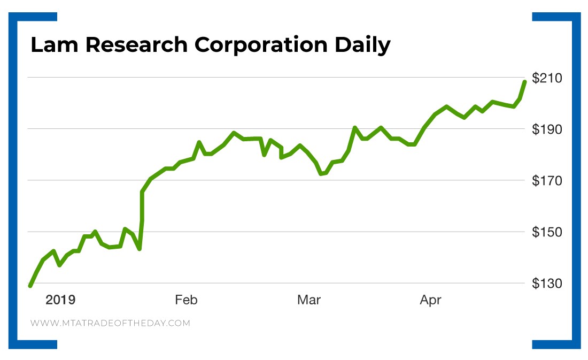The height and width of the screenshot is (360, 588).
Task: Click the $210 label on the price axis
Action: point(547,78)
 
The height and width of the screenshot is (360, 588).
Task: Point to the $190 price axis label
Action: point(547,129)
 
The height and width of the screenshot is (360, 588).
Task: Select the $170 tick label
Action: point(547,181)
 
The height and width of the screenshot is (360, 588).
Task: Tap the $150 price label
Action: point(547,232)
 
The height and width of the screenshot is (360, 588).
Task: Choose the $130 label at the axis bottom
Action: point(547,284)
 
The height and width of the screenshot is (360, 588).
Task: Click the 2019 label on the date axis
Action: point(60,300)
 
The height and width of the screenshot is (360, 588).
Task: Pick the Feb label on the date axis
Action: point(186,300)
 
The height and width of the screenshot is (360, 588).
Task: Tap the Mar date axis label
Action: point(308,300)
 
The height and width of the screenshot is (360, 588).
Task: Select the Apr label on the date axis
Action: point(430,300)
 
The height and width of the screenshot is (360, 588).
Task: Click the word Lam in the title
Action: point(53,45)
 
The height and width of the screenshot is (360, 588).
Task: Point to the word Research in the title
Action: point(136,45)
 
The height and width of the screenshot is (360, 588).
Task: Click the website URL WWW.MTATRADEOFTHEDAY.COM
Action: point(110,323)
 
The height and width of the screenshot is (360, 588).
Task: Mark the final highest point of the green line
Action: point(524,81)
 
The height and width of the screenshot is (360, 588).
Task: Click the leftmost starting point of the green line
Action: point(30,286)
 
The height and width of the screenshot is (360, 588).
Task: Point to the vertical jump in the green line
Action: point(142,219)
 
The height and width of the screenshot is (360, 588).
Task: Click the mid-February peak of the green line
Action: point(234,133)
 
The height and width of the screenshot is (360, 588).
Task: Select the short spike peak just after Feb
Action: point(199,142)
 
